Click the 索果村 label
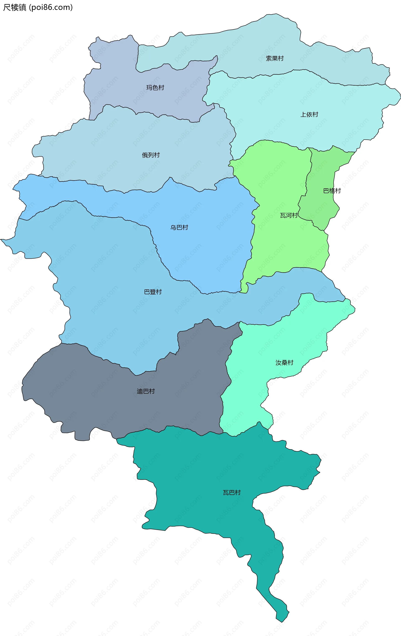point(274,58)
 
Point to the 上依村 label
point(309,114)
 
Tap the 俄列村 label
point(151,155)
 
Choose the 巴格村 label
point(332,191)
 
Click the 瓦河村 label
point(289,216)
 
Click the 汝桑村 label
point(284,363)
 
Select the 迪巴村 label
point(146,391)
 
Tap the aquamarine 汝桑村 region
point(264,343)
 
